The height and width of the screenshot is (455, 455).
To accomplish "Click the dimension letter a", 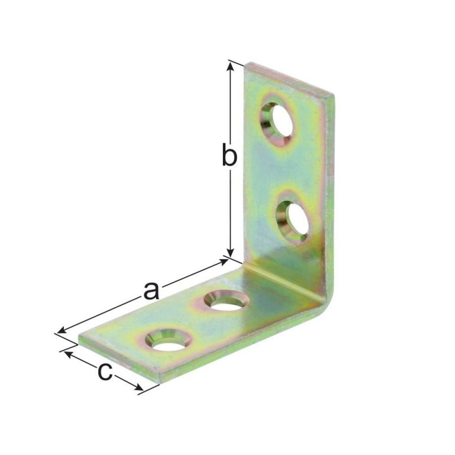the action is [151, 291].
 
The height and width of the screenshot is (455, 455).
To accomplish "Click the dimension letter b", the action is [229, 154].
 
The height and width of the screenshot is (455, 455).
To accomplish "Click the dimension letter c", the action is [105, 372].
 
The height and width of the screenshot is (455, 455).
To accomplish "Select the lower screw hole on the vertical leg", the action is [292, 218].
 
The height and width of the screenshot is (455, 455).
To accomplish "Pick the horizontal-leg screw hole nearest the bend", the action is [226, 301].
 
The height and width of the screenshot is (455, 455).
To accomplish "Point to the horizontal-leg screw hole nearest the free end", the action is [168, 340].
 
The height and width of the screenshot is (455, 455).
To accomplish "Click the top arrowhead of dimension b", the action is [230, 67].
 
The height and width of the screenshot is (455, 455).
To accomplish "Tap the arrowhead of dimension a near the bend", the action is [224, 262].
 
